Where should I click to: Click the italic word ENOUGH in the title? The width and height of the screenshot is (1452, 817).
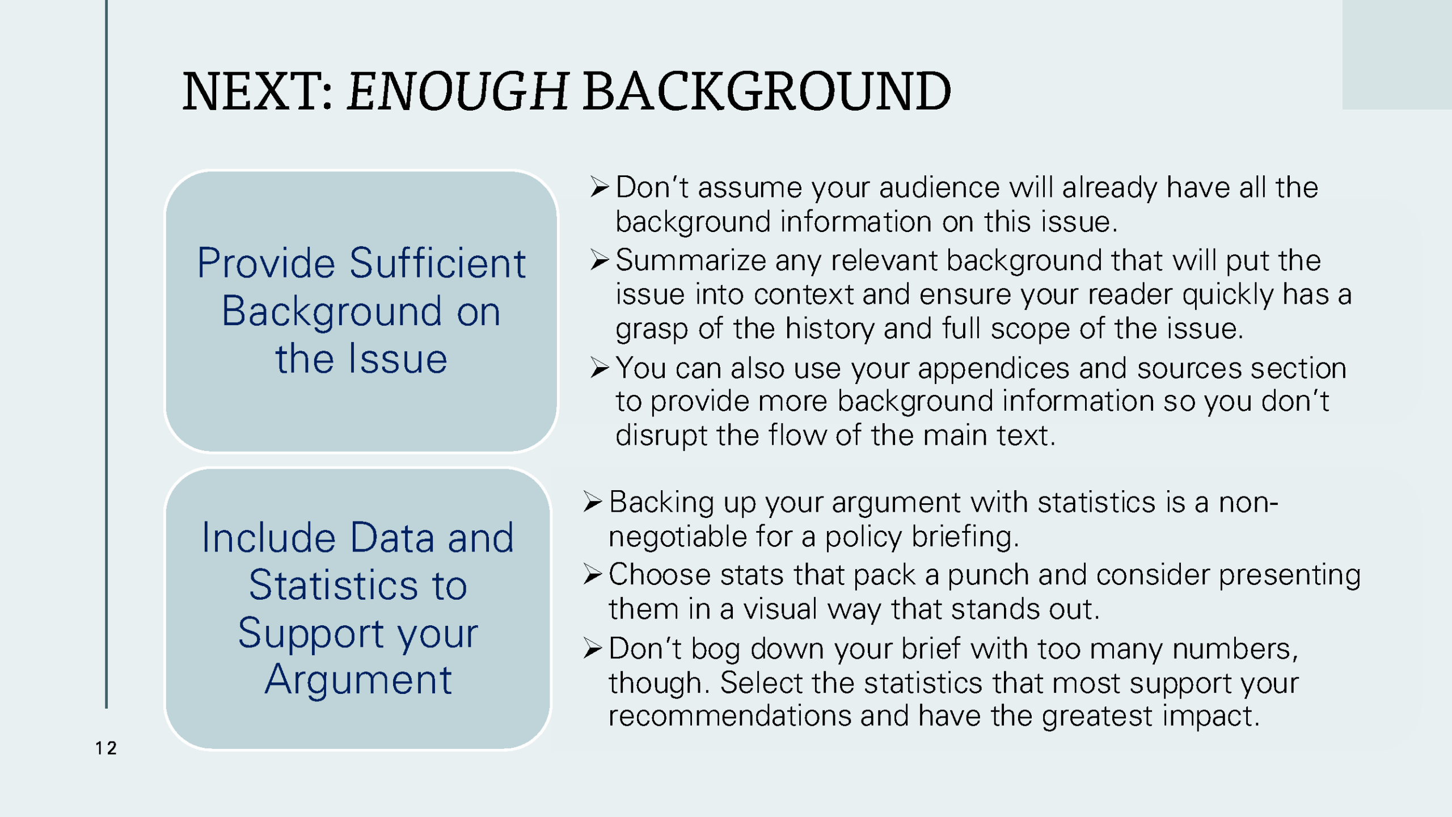(x=457, y=92)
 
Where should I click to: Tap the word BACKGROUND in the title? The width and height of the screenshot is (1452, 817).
(x=766, y=92)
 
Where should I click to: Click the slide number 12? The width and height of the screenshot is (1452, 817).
(x=106, y=748)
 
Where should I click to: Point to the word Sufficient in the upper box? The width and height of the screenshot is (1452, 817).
(x=437, y=263)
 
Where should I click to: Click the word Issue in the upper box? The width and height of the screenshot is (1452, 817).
(x=398, y=359)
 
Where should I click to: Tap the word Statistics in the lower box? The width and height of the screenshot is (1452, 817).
(x=358, y=586)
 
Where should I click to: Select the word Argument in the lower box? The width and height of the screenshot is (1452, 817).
(x=358, y=680)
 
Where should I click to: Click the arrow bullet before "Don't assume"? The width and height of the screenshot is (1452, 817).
(x=599, y=187)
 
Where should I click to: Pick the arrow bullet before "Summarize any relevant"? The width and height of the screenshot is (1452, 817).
(x=599, y=260)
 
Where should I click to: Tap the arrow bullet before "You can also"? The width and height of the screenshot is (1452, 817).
(x=599, y=368)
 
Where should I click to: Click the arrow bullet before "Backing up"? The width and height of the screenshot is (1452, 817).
(x=592, y=502)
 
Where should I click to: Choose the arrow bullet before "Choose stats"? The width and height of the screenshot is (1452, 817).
(x=592, y=575)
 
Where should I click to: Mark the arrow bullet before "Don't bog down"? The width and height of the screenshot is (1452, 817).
(x=592, y=648)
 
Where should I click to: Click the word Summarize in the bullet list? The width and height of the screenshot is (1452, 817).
(x=691, y=260)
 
